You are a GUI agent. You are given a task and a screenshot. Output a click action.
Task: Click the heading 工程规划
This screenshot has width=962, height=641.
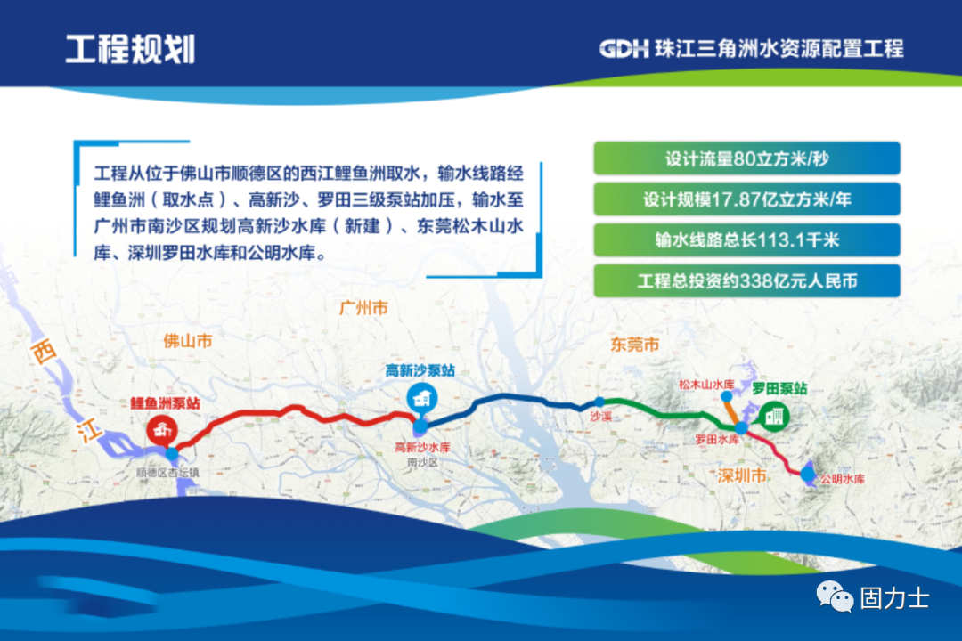(130, 48)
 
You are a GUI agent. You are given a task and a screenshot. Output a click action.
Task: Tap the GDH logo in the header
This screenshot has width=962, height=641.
(624, 48)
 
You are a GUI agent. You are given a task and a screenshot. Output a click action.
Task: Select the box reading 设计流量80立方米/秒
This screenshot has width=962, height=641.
(746, 158)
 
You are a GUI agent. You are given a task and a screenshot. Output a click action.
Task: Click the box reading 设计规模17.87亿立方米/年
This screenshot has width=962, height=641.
(746, 199)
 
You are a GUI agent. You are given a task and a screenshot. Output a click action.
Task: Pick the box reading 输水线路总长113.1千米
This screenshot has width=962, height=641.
(746, 240)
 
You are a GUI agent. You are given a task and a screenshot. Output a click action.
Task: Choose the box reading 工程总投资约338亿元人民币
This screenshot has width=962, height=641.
(746, 281)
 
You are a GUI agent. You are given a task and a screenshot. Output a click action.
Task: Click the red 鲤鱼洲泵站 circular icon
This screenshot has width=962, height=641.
(161, 430)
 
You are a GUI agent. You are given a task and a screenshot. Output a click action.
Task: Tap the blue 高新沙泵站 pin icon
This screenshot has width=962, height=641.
(420, 397)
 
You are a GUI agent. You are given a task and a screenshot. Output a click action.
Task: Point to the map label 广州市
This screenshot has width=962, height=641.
(364, 308)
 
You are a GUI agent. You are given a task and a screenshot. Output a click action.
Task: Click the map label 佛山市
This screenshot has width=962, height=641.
(188, 340)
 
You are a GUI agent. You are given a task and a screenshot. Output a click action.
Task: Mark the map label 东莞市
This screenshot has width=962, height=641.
(635, 344)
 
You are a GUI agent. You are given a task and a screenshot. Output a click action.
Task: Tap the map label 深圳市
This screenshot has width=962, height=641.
(742, 476)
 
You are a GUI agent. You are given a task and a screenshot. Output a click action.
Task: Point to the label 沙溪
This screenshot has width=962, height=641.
(600, 416)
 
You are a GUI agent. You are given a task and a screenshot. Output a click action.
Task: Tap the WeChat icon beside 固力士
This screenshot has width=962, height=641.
(836, 596)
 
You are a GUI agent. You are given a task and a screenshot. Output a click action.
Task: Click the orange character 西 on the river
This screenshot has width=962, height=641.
(40, 352)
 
